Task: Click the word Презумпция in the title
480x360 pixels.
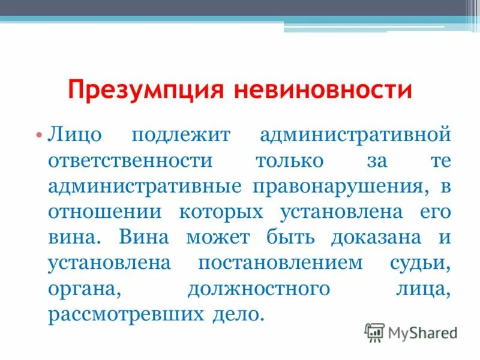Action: tap(146, 91)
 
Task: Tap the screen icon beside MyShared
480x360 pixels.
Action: tap(374, 332)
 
